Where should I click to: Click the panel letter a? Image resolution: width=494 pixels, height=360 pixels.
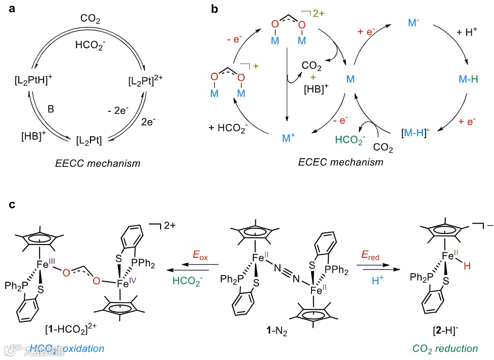tap(11, 9)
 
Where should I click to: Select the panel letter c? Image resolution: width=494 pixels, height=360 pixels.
tap(11, 205)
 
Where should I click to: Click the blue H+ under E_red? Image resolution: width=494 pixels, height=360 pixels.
tap(375, 281)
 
